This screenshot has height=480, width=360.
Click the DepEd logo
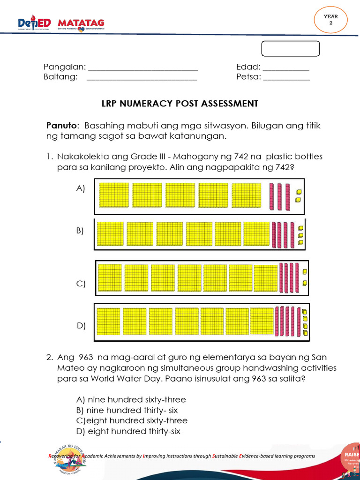point(36,23)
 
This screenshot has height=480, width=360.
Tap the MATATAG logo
point(81,23)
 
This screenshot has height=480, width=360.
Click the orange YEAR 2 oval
point(330,20)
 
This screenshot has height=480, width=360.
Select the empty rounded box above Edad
point(290,49)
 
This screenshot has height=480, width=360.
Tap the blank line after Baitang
point(142,77)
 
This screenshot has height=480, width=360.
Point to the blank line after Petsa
point(286,77)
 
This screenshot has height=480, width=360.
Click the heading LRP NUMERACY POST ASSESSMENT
point(180,104)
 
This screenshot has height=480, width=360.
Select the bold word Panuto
point(61,126)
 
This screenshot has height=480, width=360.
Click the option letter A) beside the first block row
point(81,188)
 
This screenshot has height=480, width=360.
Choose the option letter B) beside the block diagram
point(80,231)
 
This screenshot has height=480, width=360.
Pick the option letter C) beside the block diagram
point(81,284)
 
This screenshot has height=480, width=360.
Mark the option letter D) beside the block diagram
point(81,326)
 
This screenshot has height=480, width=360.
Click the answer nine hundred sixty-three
point(131,400)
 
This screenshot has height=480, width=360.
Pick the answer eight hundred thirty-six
point(128,431)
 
